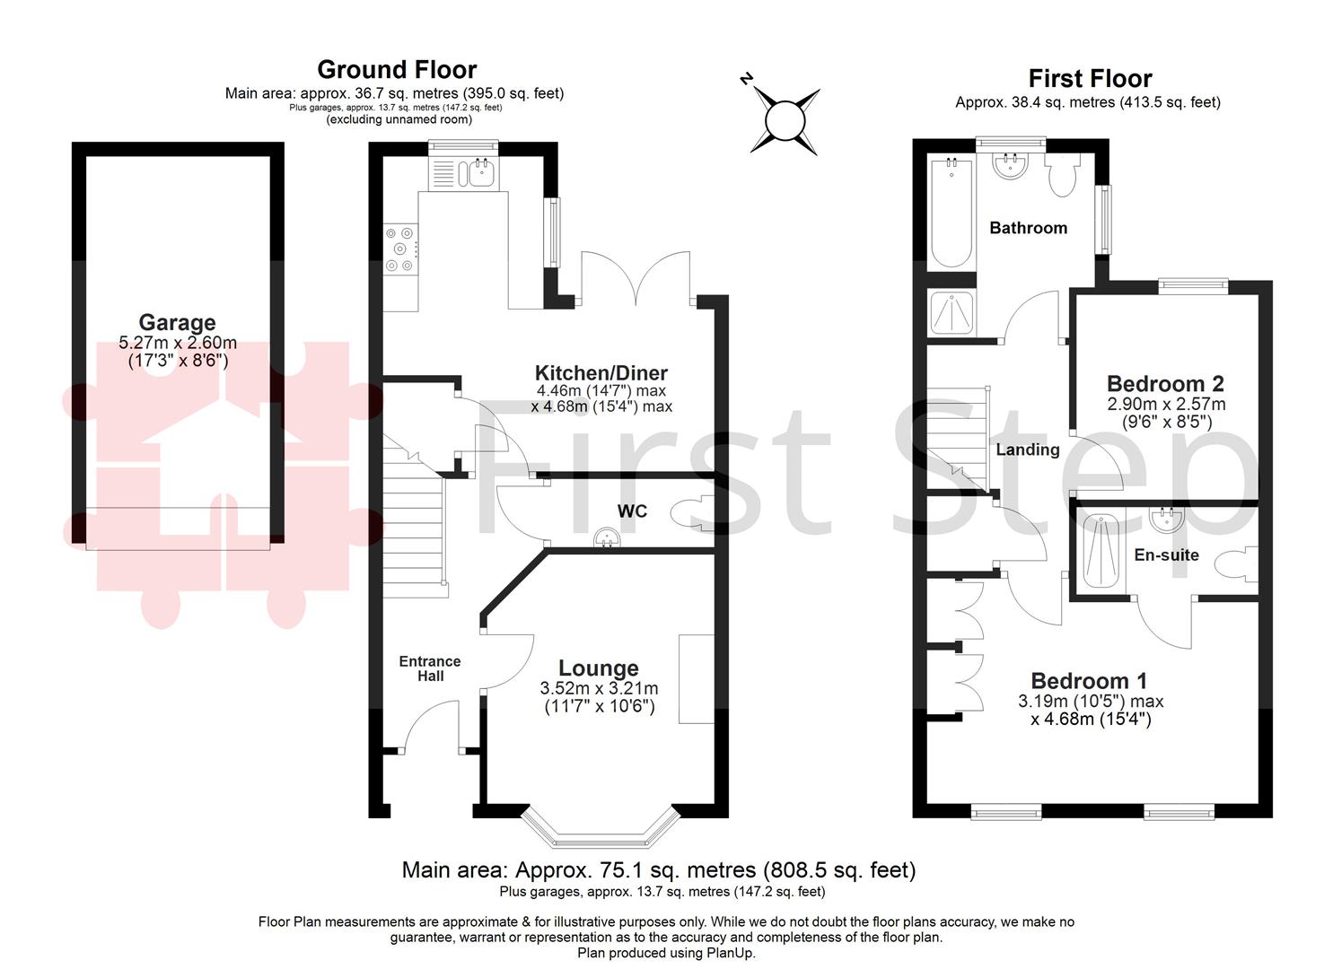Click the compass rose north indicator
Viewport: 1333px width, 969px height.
[746, 79]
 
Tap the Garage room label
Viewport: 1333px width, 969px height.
[177, 322]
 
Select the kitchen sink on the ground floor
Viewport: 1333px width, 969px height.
[479, 172]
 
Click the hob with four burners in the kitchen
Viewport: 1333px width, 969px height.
[399, 249]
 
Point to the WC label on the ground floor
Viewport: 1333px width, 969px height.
[632, 511]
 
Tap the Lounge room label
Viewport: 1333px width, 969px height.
[599, 668]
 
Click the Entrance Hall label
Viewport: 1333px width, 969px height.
[430, 668]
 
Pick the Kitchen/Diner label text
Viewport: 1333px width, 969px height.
[601, 373]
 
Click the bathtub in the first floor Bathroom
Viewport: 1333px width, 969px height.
[951, 214]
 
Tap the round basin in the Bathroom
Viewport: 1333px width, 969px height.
[1012, 165]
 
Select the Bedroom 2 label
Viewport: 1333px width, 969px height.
[1165, 384]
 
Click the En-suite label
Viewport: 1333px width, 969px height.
[1166, 555]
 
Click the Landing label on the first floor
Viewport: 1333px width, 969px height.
[1028, 450]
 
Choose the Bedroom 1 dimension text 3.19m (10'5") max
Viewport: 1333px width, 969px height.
[1091, 702]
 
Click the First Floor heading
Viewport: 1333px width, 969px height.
[1090, 79]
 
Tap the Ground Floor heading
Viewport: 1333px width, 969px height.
[397, 70]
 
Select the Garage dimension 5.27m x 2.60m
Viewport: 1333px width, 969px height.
[178, 343]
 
